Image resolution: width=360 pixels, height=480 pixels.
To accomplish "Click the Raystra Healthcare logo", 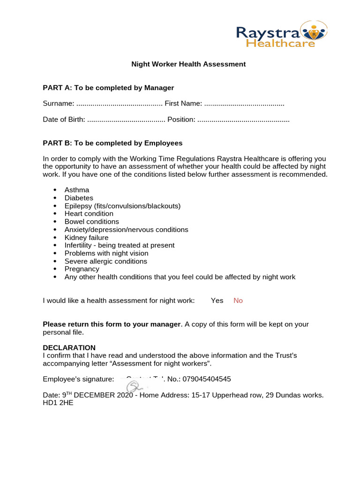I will [281, 34].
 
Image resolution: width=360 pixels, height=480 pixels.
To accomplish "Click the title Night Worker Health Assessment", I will [188, 64].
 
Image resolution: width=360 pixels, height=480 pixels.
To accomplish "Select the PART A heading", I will [108, 88].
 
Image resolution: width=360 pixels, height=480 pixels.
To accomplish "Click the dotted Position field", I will [243, 120].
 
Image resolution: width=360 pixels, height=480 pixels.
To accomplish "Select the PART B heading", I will [112, 143].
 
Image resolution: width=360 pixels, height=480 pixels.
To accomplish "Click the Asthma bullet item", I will [77, 190].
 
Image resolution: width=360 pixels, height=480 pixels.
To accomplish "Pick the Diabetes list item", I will [79, 198].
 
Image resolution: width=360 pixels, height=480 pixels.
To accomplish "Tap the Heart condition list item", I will [89, 214].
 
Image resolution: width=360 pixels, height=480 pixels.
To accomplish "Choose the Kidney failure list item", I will [86, 238].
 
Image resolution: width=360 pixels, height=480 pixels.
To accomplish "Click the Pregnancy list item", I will [82, 269].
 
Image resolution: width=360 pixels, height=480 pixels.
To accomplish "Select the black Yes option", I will [217, 300].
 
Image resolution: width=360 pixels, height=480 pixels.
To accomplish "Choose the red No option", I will [238, 300].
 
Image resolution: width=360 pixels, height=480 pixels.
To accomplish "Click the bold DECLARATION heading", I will [69, 348].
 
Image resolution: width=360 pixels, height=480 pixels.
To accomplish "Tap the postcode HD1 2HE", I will [58, 403].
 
